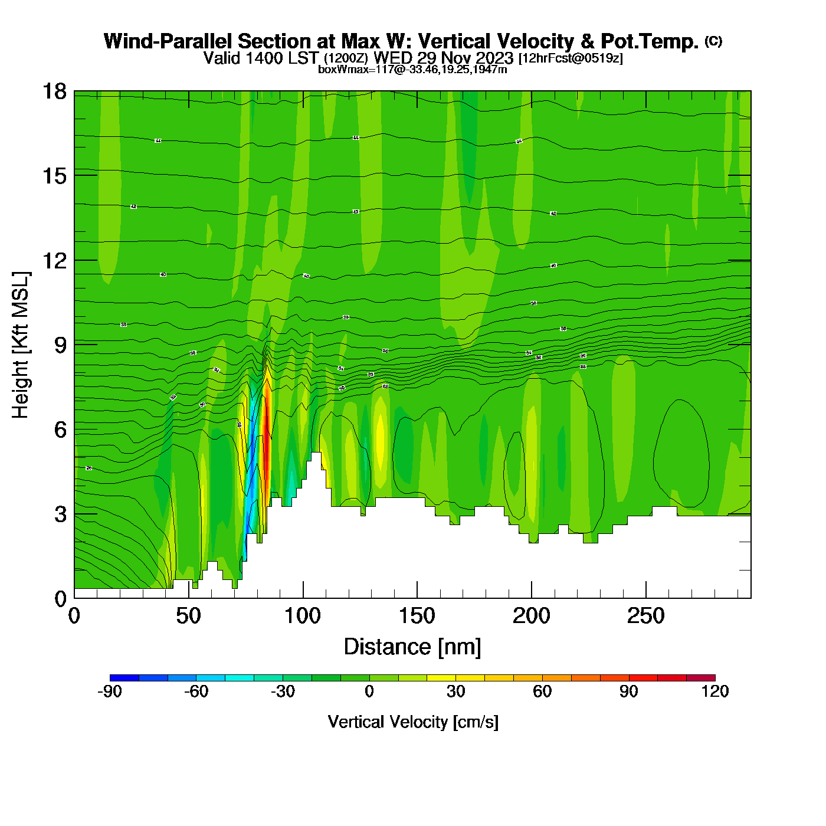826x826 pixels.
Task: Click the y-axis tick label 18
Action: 54,91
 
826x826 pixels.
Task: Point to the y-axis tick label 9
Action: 60,345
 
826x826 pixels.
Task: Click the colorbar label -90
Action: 110,691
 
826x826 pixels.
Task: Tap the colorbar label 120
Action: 715,691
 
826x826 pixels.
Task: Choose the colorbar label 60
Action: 542,691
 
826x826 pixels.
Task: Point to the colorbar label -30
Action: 283,691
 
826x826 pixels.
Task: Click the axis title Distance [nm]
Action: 412,647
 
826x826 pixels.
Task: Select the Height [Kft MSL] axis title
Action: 21,345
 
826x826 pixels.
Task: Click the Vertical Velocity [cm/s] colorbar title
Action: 413,722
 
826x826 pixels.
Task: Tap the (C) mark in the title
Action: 713,41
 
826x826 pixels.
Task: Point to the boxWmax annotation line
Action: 412,70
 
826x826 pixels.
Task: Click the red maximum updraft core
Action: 267,448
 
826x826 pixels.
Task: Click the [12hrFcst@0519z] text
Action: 571,58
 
